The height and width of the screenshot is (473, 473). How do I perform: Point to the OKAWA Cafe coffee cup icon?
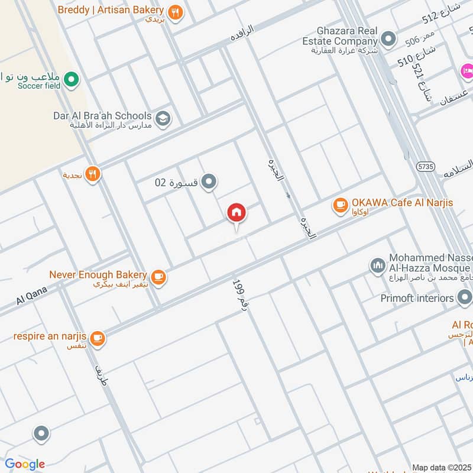(340, 204)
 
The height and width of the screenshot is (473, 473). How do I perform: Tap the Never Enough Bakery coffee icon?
(158, 276)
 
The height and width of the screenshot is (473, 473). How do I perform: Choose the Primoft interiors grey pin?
(464, 298)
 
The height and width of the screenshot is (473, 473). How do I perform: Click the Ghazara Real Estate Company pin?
(388, 39)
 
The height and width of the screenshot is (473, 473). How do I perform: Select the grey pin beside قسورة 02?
(208, 182)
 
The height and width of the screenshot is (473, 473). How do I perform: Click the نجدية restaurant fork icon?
(92, 174)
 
